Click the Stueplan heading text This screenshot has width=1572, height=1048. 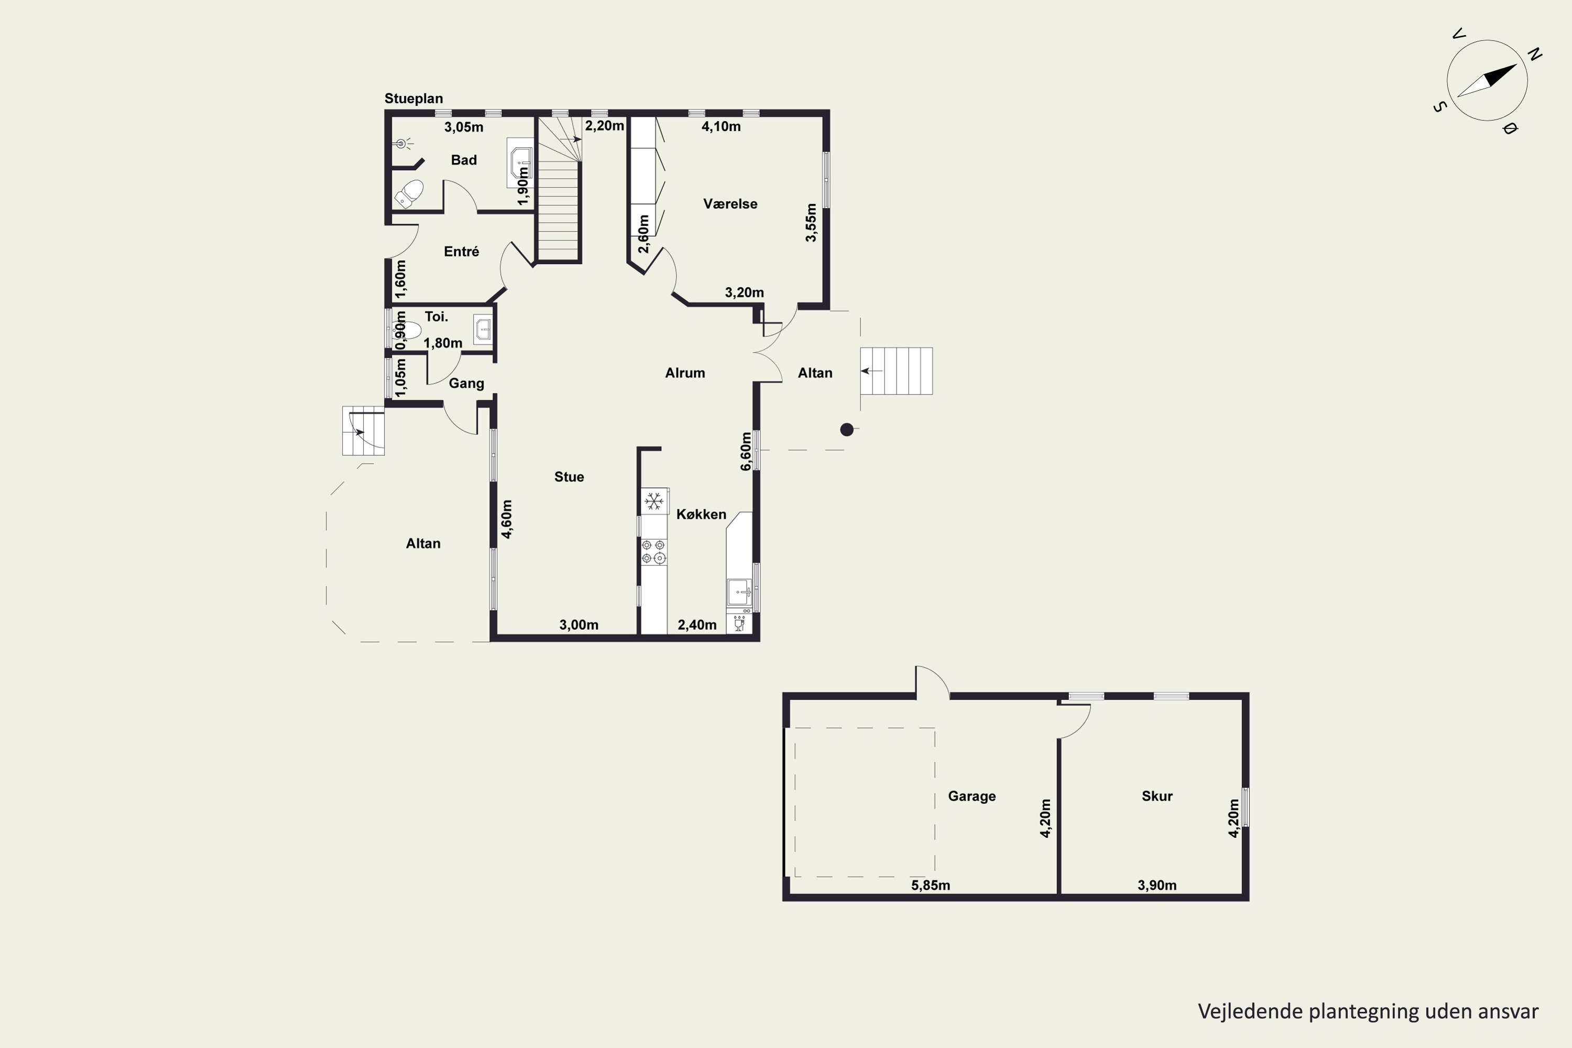click(x=414, y=99)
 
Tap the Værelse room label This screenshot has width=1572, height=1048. click(x=730, y=204)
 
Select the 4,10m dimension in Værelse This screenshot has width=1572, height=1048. click(x=720, y=126)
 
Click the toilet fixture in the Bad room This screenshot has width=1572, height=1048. click(x=409, y=193)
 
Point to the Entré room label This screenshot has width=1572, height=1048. click(x=461, y=252)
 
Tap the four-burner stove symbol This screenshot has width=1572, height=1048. click(x=653, y=551)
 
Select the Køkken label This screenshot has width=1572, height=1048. click(x=701, y=514)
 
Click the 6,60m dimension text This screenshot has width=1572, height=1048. click(x=746, y=451)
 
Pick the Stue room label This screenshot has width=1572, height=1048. click(x=569, y=476)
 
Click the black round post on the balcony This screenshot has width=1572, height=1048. click(x=847, y=430)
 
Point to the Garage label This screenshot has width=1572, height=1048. click(x=972, y=796)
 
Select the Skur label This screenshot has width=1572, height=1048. click(x=1157, y=796)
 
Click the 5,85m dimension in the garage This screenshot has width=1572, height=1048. click(x=931, y=885)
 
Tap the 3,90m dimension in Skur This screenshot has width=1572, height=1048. click(x=1157, y=885)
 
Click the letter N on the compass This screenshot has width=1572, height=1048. click(x=1535, y=54)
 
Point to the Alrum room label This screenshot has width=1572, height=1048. click(x=685, y=373)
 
